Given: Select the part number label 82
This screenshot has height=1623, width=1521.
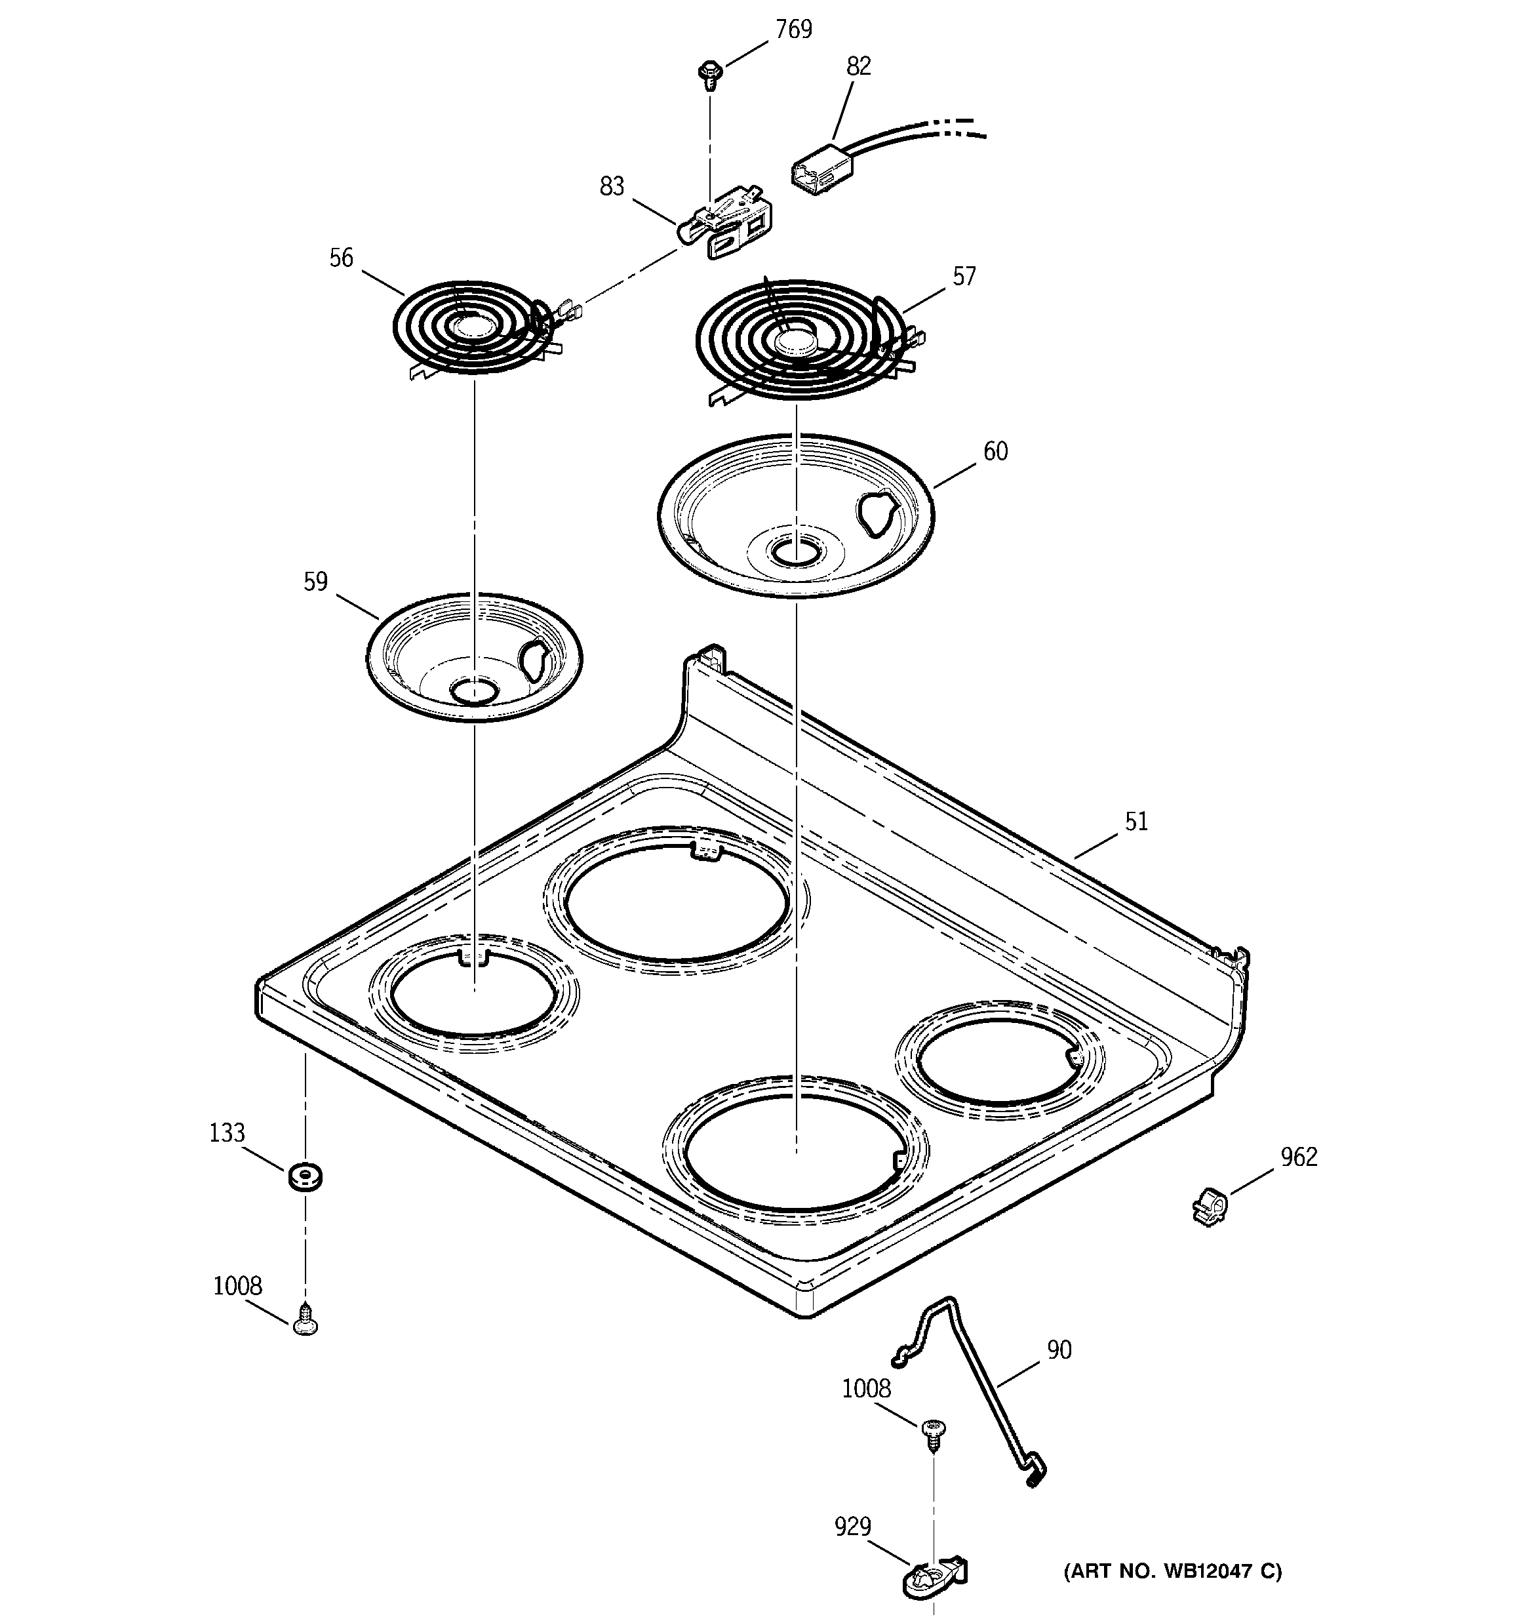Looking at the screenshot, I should tap(858, 66).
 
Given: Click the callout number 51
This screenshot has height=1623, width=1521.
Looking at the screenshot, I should tap(1136, 821).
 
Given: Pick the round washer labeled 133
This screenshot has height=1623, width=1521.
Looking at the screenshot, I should tap(304, 1177).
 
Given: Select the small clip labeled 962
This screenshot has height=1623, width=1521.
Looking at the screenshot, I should tap(1209, 1207).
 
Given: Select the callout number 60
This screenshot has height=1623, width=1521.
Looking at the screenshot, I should tap(995, 451).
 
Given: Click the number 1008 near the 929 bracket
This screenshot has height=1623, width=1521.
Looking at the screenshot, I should tap(866, 1388).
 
